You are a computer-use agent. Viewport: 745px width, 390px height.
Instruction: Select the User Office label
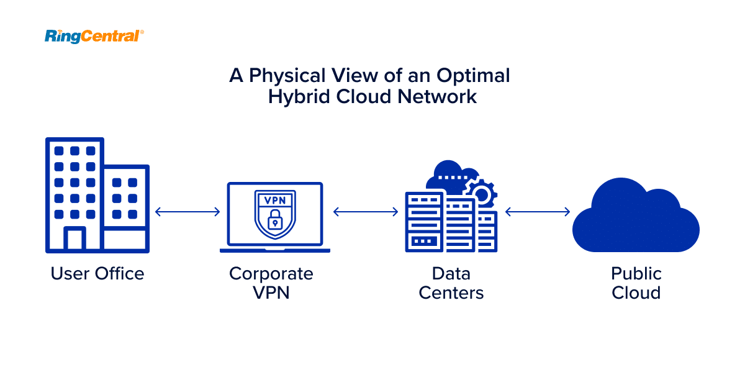click(97, 273)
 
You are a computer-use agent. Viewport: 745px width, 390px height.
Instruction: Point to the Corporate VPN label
click(271, 283)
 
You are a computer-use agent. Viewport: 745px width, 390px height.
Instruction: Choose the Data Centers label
click(451, 283)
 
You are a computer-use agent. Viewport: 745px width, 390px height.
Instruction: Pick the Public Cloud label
click(636, 283)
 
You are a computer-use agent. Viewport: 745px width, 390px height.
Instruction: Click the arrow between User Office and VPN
click(187, 212)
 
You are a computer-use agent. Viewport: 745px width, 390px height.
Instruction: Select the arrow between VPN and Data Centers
click(366, 212)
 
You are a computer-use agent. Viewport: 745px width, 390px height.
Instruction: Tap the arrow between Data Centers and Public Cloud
click(538, 212)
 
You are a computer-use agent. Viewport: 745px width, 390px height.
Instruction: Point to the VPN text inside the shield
click(275, 201)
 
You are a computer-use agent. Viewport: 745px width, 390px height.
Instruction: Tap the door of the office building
click(74, 239)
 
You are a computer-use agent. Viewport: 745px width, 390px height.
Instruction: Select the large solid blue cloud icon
click(636, 215)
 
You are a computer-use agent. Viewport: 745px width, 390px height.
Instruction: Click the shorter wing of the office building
click(126, 208)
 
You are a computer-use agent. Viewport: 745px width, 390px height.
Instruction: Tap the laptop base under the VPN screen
click(275, 250)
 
